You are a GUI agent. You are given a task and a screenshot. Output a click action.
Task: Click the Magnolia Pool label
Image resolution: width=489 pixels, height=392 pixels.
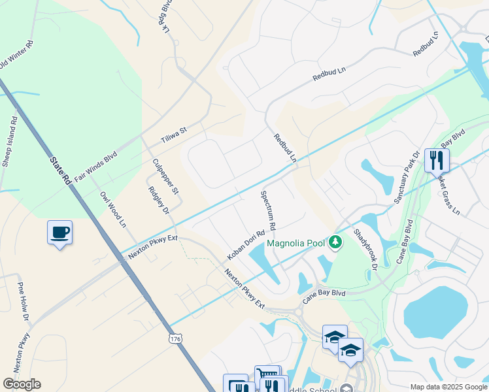[295, 244]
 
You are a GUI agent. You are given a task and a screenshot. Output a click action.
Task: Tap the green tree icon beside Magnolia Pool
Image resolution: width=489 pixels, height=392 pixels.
[335, 243]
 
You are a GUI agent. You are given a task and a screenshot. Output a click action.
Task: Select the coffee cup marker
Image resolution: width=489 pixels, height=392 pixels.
[59, 233]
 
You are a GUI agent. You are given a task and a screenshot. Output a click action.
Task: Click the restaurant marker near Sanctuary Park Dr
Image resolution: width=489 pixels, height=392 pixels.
[436, 159]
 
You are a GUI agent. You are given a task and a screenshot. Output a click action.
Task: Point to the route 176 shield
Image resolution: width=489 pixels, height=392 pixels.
[175, 339]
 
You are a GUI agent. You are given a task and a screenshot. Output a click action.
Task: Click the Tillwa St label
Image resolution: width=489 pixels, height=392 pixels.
[174, 136]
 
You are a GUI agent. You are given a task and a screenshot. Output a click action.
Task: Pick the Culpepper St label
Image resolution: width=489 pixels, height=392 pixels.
[165, 176]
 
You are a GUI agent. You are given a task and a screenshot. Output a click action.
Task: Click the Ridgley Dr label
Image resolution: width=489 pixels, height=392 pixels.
[159, 201]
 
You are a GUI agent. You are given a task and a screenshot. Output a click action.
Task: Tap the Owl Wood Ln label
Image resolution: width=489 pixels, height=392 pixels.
[112, 209]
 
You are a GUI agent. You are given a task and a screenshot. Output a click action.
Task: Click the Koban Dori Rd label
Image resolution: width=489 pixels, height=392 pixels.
[246, 243]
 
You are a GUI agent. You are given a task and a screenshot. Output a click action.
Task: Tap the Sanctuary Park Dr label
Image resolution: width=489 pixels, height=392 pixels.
[405, 179]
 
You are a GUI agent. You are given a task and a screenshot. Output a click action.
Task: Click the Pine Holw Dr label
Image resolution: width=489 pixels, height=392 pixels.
[24, 301]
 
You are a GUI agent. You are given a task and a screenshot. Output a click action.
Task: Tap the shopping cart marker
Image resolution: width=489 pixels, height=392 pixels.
[267, 376]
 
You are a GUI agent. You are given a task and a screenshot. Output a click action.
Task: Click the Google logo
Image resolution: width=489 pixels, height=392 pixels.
[22, 384]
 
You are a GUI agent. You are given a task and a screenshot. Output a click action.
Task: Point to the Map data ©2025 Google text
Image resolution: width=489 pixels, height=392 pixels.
[448, 387]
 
